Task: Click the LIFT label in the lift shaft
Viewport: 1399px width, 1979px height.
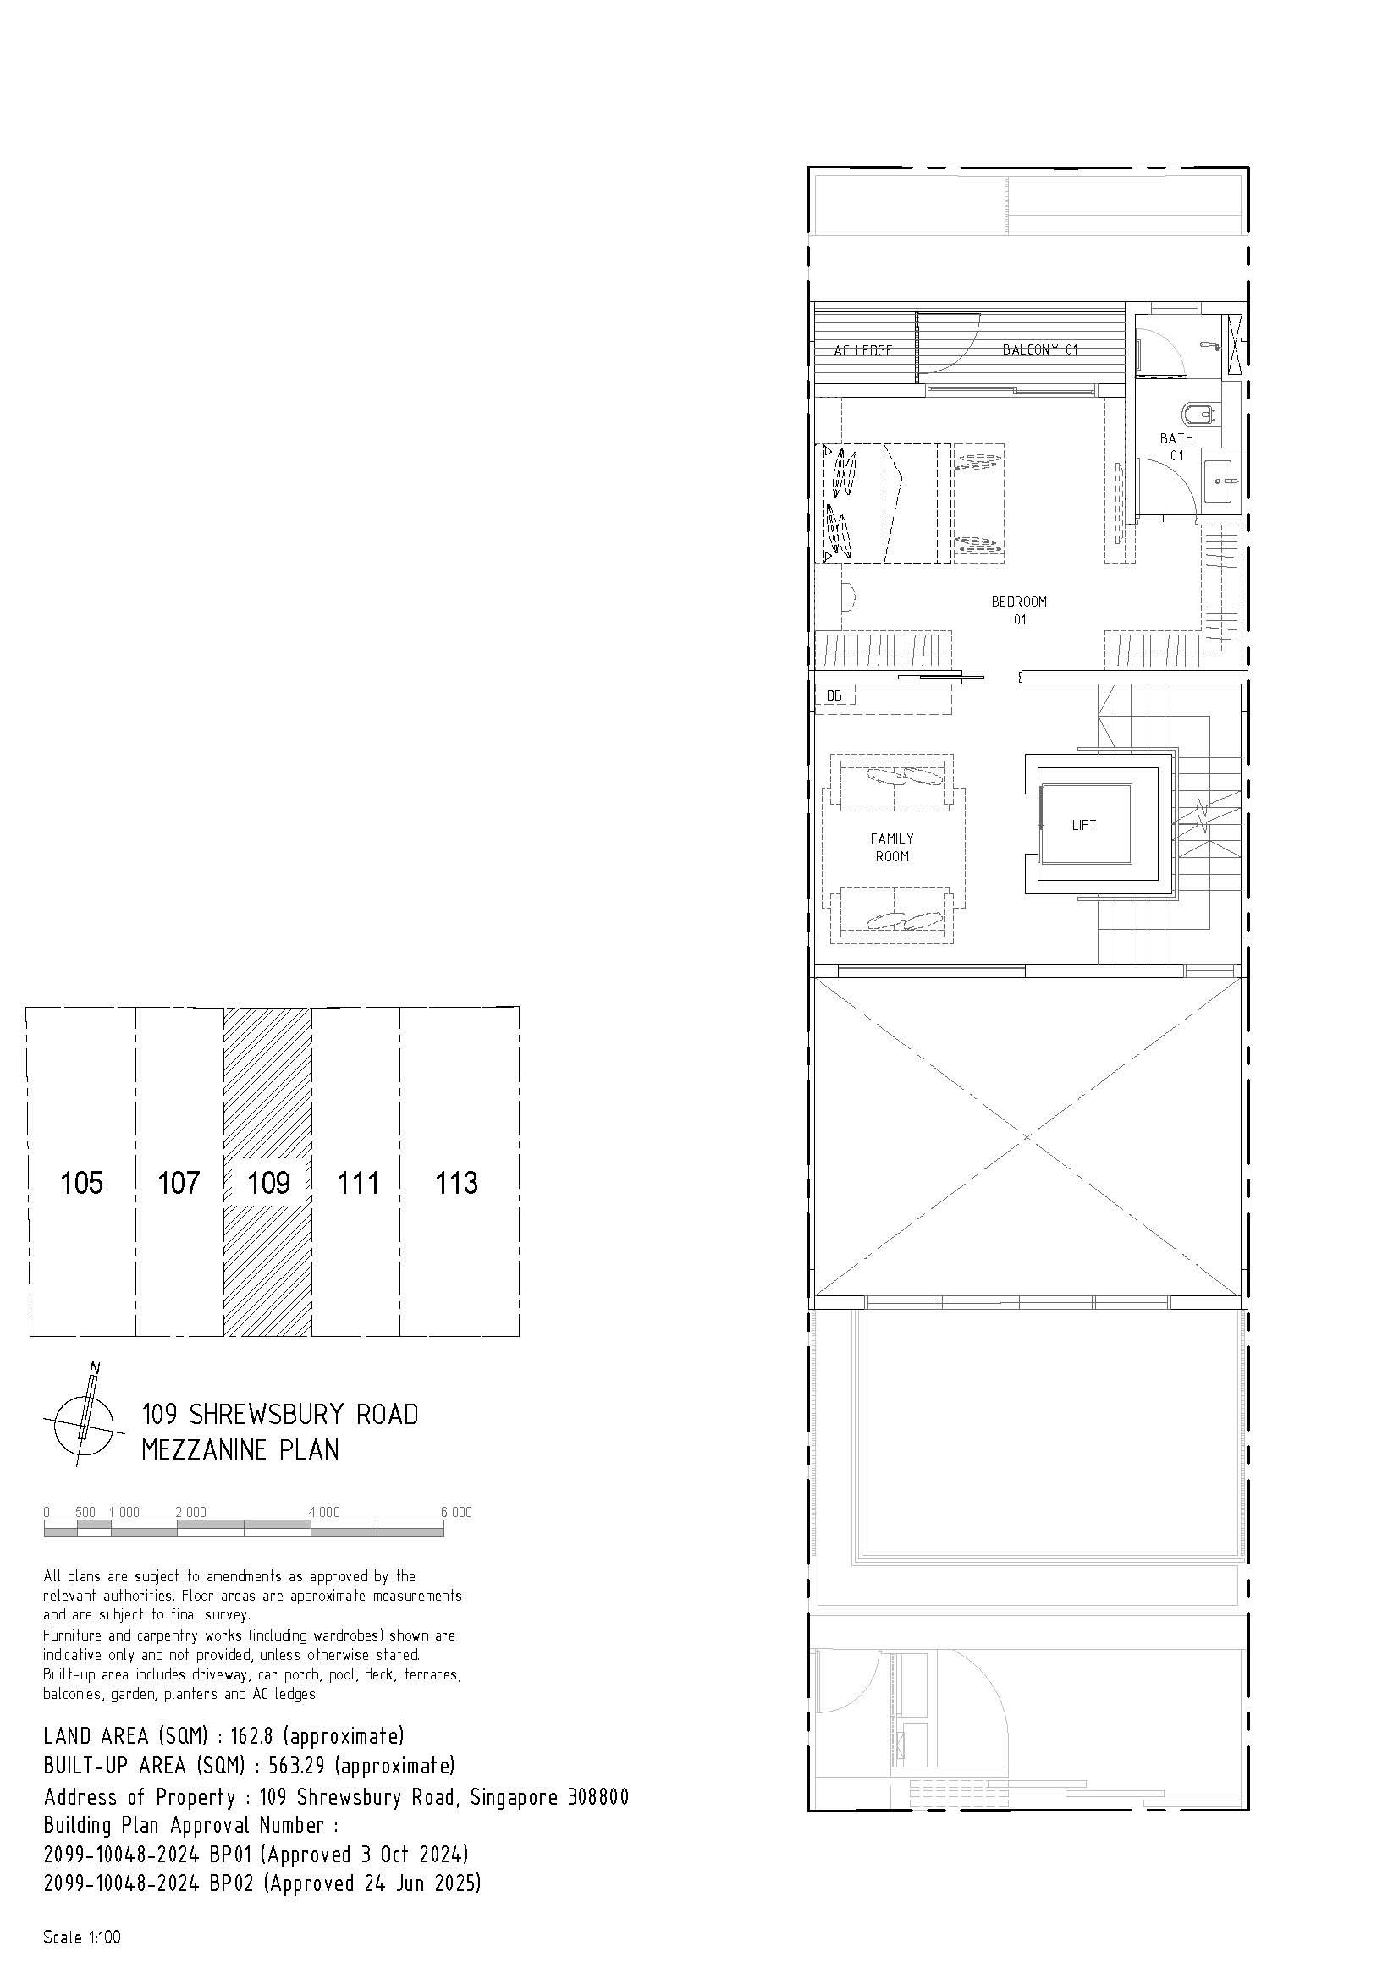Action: [1083, 825]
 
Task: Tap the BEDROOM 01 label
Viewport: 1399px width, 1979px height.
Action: [1019, 610]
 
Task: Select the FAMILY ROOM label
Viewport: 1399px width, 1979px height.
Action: [892, 847]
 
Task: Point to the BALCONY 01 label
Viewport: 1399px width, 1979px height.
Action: [1040, 349]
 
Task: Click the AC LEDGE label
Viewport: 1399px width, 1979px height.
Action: [863, 351]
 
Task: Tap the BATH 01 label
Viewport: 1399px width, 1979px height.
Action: [1176, 447]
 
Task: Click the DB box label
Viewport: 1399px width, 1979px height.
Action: [834, 695]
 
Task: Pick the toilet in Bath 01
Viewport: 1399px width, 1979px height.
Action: [1198, 415]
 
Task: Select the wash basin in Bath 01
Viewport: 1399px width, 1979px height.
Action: [1221, 481]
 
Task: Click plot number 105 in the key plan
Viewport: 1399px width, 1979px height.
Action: [82, 1183]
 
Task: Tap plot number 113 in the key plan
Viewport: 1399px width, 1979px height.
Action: [456, 1183]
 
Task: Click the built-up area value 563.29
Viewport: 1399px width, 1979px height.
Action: [292, 1766]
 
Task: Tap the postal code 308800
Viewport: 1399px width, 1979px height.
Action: [598, 1797]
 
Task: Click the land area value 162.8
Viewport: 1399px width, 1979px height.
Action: [249, 1735]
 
